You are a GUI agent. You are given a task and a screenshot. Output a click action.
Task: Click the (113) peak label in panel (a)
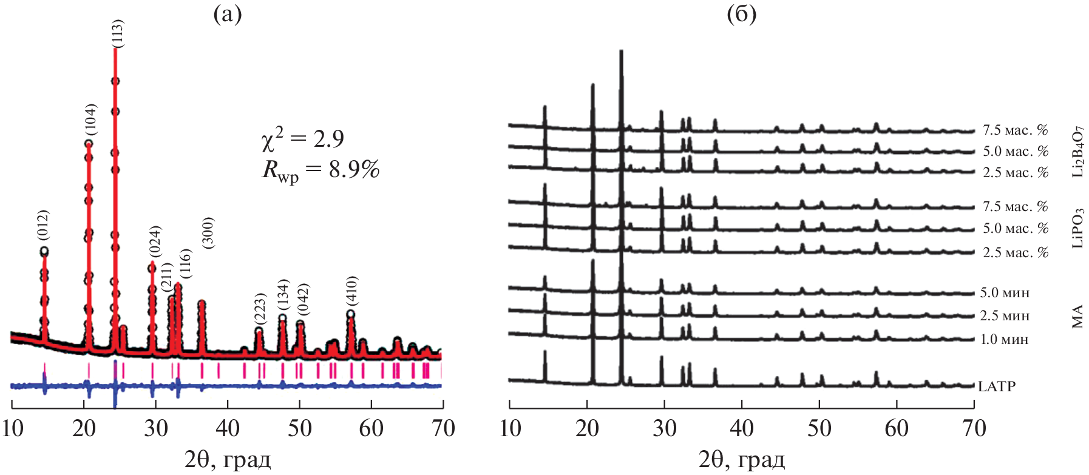118,33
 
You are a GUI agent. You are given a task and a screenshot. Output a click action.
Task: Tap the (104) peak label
90,120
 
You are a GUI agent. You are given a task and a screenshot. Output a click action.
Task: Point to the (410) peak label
351,291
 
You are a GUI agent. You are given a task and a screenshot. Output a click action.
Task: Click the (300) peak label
208,232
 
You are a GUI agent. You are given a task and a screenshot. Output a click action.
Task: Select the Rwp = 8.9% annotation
321,170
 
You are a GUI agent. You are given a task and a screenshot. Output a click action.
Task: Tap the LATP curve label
996,386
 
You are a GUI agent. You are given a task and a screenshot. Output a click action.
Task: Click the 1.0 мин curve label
1005,340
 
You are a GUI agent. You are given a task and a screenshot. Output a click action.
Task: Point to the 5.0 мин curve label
1005,293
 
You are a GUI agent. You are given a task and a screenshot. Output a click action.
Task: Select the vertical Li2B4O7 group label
1077,152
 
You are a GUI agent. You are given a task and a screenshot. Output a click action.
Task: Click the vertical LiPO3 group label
1077,228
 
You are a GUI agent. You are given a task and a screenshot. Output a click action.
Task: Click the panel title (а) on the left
227,14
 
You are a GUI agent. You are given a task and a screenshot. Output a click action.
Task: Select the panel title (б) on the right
741,14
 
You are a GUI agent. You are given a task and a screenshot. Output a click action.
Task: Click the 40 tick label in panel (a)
228,428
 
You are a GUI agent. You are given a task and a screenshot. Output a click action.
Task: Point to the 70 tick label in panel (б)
974,428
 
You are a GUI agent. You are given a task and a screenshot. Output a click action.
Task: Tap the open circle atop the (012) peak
44,251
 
